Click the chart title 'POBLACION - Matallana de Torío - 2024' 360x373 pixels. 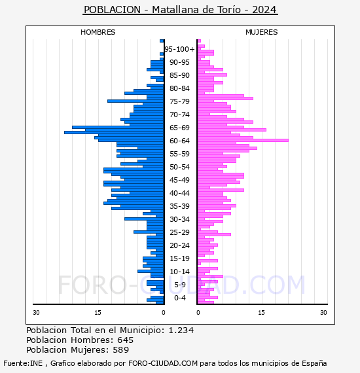(x=180, y=10)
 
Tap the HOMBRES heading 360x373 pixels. (x=98, y=32)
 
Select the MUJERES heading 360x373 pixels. (x=262, y=32)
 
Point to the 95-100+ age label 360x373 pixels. (x=179, y=49)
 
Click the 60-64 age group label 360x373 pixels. (x=179, y=141)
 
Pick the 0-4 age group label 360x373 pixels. (x=179, y=298)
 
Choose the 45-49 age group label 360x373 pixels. (x=179, y=180)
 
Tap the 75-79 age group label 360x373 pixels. (x=179, y=101)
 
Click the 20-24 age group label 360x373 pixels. (x=179, y=245)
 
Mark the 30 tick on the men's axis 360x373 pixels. (x=36, y=312)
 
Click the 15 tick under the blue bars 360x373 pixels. (x=98, y=312)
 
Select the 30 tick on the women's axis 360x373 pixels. (x=323, y=312)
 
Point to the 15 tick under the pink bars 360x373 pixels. (x=261, y=312)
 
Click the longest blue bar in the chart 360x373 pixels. (x=114, y=132)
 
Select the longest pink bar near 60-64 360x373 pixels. (x=243, y=140)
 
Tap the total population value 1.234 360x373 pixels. (x=181, y=330)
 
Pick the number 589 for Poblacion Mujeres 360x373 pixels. (x=121, y=349)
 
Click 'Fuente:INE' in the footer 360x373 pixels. (x=23, y=363)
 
